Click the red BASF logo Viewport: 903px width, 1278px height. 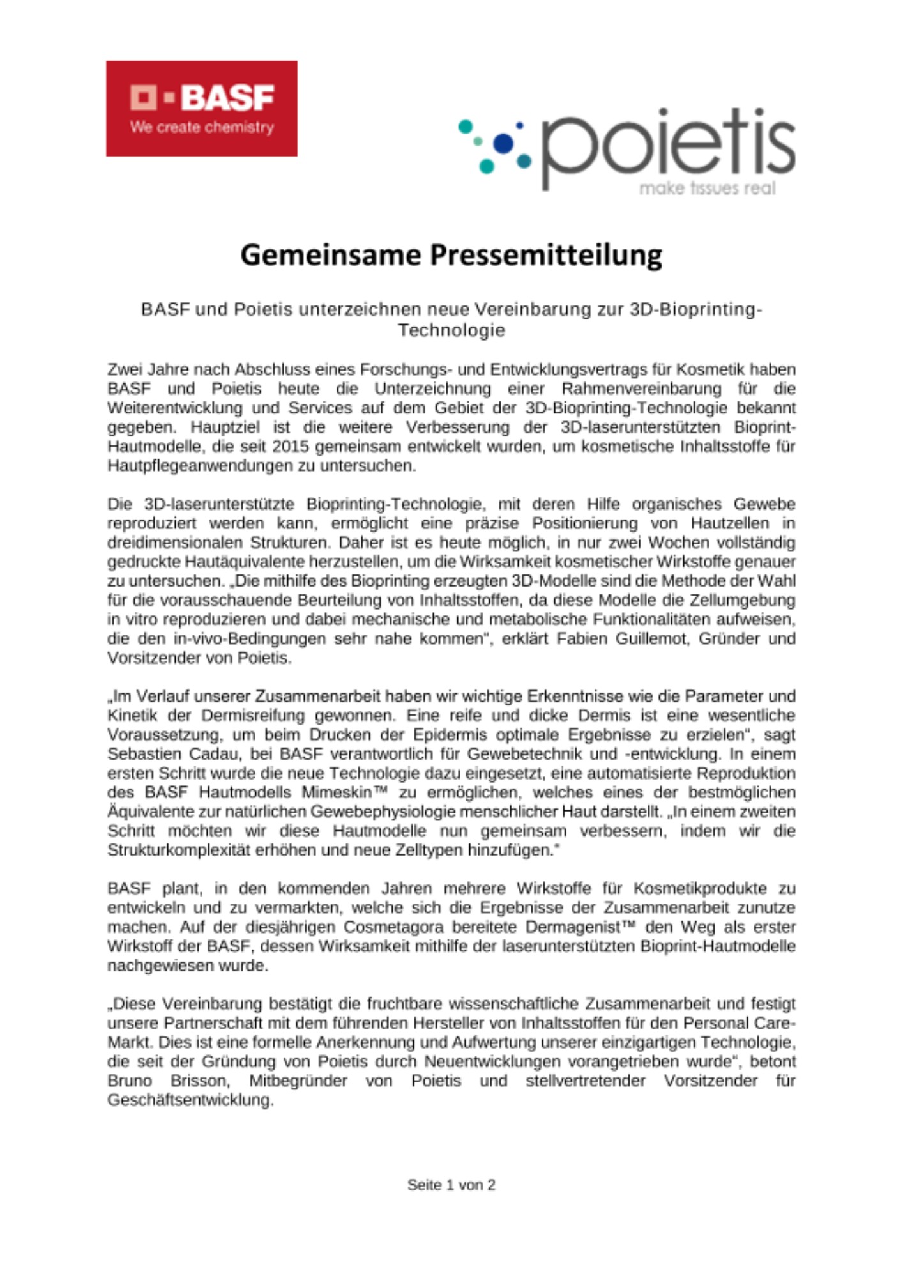point(201,108)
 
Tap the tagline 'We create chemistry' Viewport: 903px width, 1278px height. point(202,127)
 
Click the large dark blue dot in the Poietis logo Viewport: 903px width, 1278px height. point(504,143)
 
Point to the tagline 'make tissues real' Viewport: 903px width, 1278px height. point(707,188)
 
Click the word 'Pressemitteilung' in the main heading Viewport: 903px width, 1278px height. point(545,255)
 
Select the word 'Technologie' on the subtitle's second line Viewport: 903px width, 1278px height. point(451,330)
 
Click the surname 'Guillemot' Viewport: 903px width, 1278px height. point(652,638)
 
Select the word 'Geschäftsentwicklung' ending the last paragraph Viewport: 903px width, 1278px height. point(190,1100)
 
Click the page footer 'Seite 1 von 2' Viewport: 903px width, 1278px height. point(451,1185)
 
